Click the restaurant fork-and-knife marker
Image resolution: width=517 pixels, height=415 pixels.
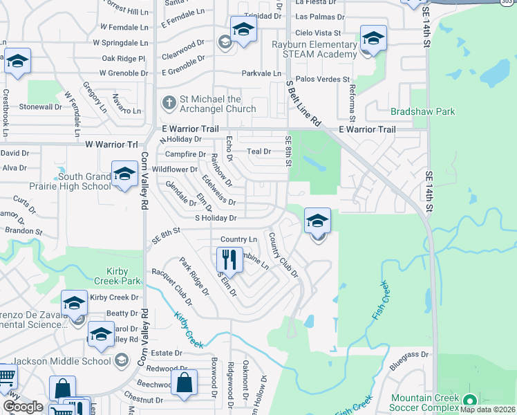[229, 260]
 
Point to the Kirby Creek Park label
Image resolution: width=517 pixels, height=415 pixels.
[113, 276]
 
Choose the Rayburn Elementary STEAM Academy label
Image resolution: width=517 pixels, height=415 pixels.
[312, 50]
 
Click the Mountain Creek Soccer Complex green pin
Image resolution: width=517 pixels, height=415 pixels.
[470, 400]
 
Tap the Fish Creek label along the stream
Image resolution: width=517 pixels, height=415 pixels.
[379, 299]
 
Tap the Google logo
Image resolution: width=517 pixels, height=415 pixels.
[23, 407]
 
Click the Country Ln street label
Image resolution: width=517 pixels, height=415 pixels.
[238, 239]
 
